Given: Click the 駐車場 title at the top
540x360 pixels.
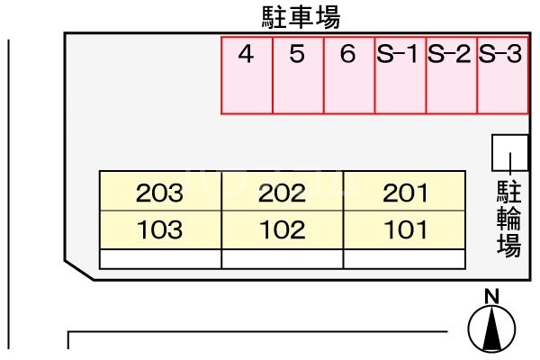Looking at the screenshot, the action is [301, 18].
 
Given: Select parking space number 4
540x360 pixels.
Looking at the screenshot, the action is [247, 76].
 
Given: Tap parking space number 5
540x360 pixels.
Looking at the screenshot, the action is [298, 76].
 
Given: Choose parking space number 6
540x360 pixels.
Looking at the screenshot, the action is [349, 76].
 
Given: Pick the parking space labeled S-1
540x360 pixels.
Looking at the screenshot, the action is [400, 76].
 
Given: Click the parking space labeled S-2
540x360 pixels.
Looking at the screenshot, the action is [452, 76].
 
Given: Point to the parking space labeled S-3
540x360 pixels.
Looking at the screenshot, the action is [502, 76].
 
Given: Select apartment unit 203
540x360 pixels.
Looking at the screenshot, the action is [160, 191].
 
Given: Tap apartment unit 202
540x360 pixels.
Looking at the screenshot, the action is [283, 191].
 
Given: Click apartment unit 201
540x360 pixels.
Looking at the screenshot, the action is [404, 191].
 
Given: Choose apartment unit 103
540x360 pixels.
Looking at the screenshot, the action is [160, 229].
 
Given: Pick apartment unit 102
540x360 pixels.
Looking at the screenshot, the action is [283, 229].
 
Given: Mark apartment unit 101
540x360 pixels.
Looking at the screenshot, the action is [404, 229].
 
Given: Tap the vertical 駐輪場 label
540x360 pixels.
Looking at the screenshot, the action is [509, 219].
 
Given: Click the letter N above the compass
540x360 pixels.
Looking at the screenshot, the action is [491, 296].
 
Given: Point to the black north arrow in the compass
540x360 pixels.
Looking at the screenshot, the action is [491, 328].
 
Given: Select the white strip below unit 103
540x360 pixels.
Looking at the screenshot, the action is [160, 258].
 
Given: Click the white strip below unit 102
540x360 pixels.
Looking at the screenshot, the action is [283, 258].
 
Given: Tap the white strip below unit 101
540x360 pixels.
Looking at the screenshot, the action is [404, 258].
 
